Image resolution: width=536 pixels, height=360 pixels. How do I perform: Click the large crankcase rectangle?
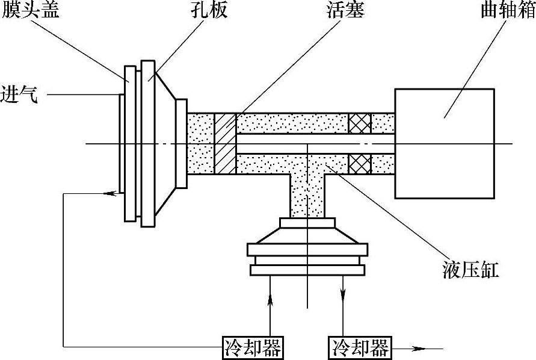445,143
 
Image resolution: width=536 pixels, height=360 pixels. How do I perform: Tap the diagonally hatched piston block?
225,143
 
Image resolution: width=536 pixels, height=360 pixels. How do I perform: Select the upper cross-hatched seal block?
359,123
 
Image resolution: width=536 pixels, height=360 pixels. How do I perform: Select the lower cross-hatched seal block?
359,163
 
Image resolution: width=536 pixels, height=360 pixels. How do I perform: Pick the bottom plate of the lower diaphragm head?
307,270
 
